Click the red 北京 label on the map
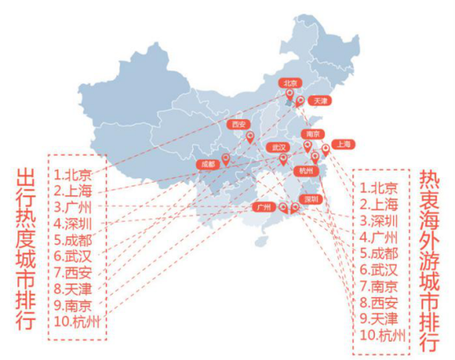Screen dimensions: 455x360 tap(290, 83)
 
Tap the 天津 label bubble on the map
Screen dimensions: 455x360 tap(320, 101)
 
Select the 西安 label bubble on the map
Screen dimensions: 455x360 tap(239, 125)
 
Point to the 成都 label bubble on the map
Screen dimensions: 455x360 tap(208, 165)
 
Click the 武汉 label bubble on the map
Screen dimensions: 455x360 tap(278, 148)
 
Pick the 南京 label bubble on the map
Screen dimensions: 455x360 tap(313, 134)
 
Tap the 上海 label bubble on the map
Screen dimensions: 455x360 tap(344, 145)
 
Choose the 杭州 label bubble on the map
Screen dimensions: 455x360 tap(306, 171)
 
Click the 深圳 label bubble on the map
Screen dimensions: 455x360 tap(311, 199)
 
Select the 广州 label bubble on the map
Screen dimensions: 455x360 tap(264, 207)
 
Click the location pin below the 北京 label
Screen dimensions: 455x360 tap(290, 95)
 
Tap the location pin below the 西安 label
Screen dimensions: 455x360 tap(250, 137)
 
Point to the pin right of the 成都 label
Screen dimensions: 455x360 tap(226, 160)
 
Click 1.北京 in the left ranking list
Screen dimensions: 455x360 tap(73, 175)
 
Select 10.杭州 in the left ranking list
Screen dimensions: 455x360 tap(78, 322)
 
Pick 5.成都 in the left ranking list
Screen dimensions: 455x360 tap(73, 240)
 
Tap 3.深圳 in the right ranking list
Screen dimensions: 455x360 tap(379, 221)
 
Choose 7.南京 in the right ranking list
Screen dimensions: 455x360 tap(379, 287)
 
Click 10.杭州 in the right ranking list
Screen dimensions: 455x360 tap(383, 335)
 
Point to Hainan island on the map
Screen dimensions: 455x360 tap(261, 241)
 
